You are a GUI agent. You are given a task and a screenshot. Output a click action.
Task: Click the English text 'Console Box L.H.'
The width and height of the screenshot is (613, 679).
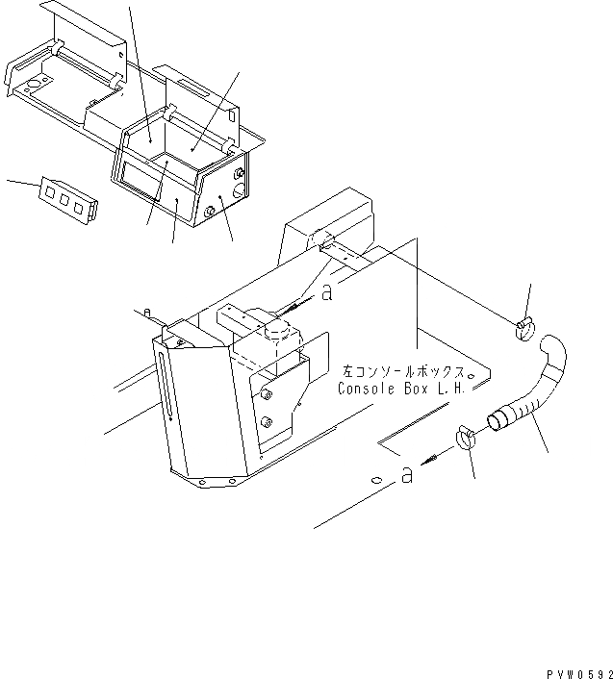pos(401,389)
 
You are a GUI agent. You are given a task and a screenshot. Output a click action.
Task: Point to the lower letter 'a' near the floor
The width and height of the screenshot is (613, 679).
pos(407,475)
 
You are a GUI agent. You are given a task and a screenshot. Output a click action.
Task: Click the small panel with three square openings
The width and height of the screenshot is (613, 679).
pos(66,196)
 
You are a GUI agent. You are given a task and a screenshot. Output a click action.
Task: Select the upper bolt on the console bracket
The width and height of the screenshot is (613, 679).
pos(267,392)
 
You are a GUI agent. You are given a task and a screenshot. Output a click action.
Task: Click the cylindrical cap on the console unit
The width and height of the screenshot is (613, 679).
pos(278,332)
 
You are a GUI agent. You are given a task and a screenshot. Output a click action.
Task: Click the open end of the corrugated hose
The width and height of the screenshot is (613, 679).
pos(498,419)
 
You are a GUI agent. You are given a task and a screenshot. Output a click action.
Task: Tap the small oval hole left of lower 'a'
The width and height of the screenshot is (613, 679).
pos(376,478)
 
